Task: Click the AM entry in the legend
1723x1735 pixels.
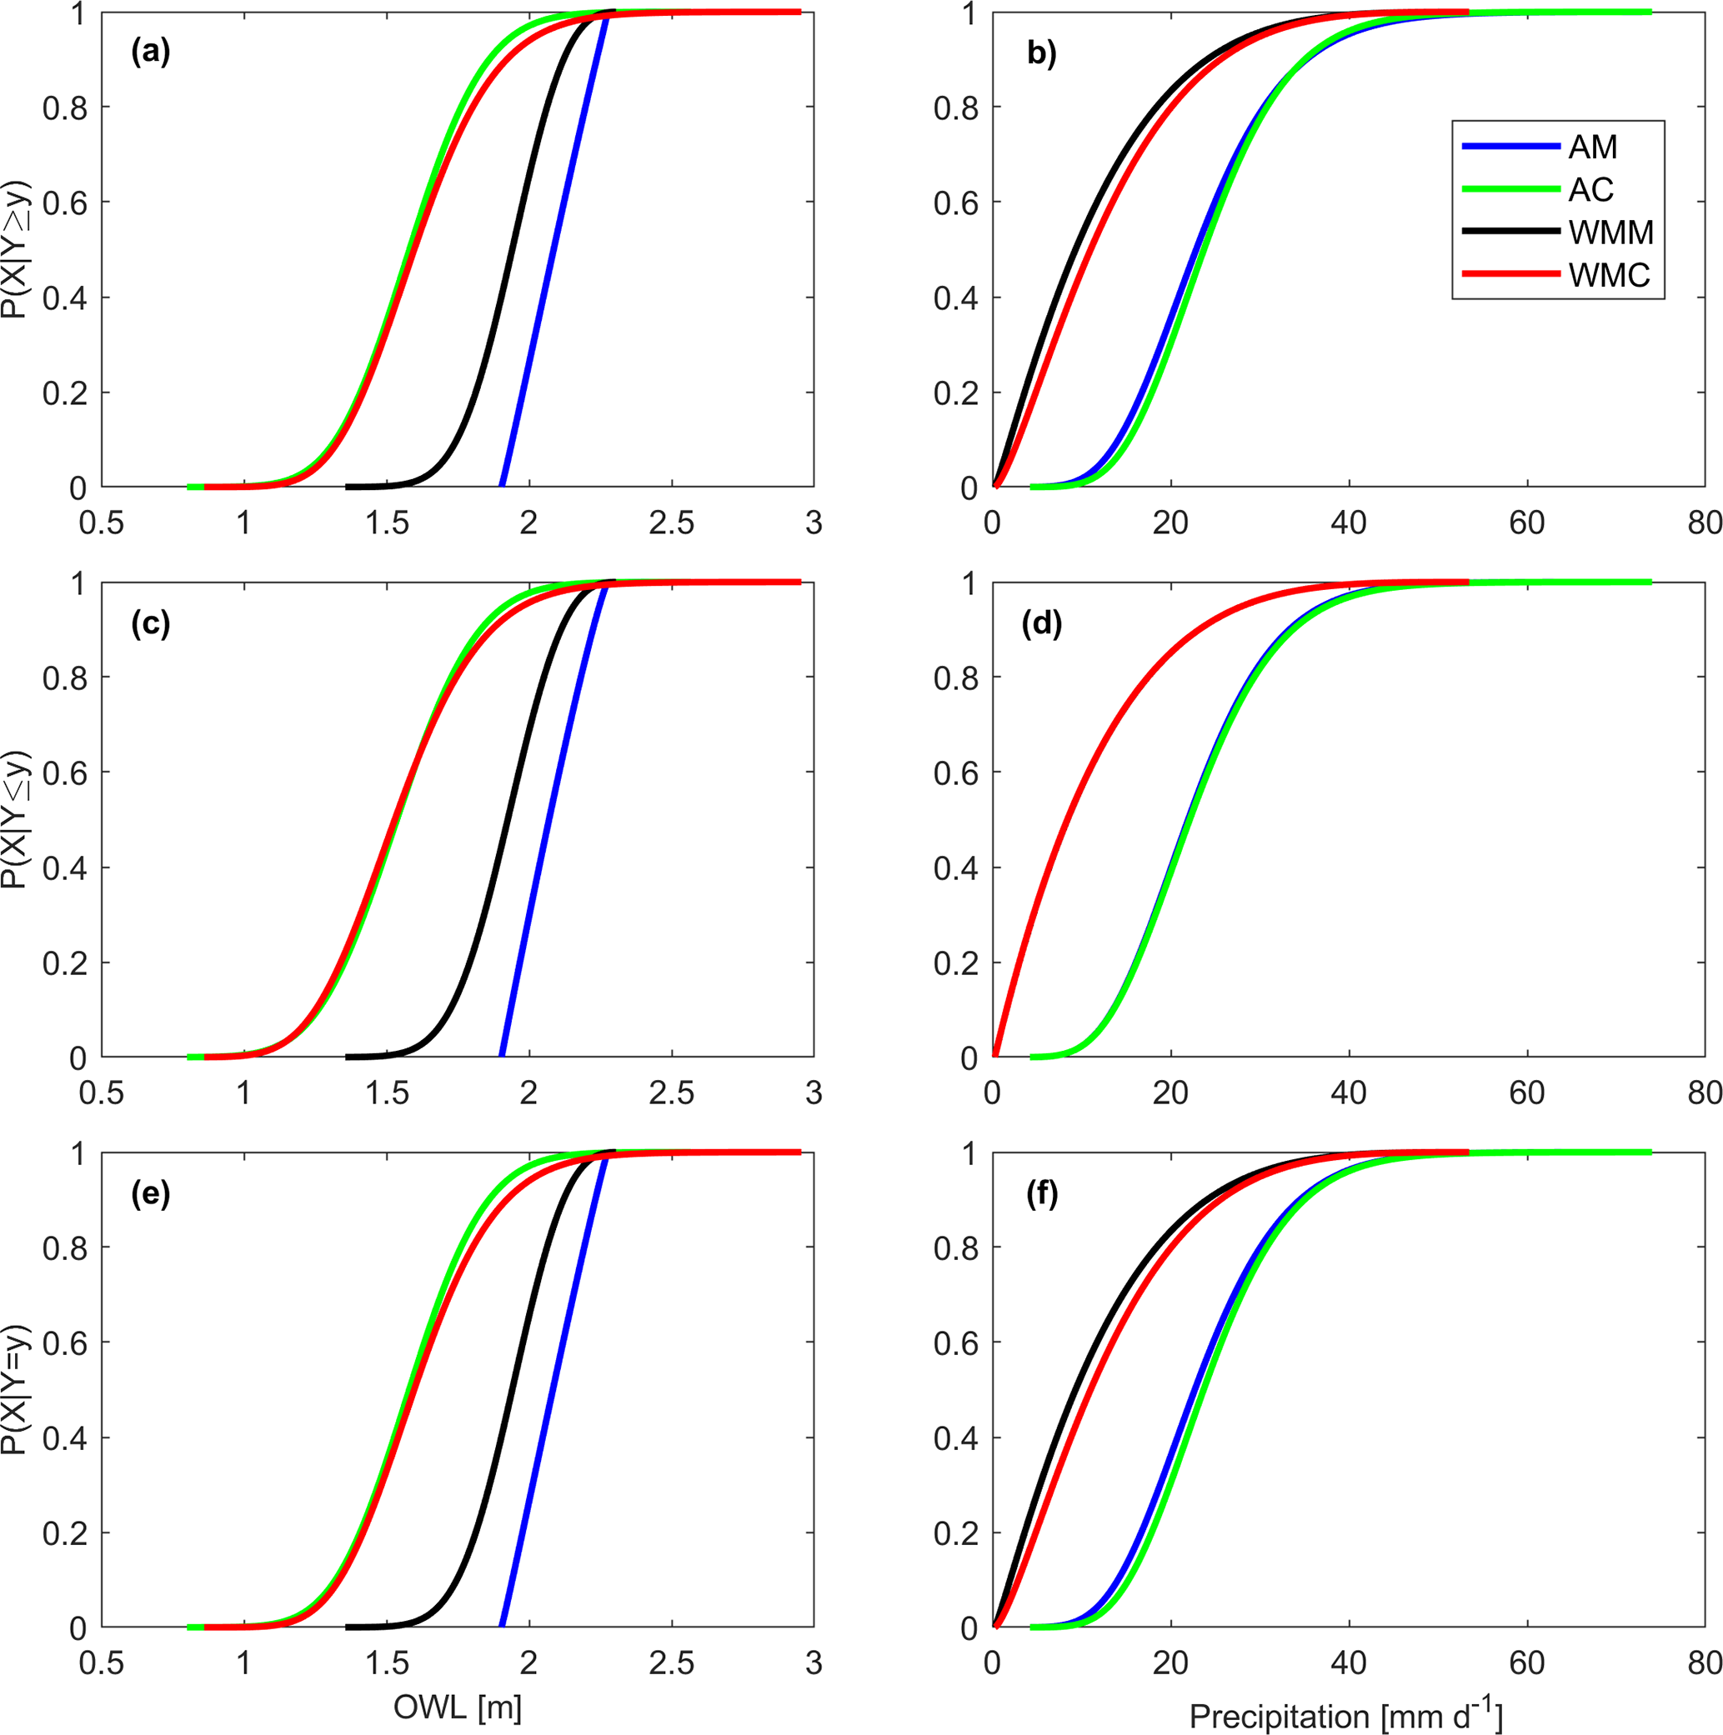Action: pyautogui.click(x=1592, y=147)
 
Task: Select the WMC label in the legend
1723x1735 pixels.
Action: pyautogui.click(x=1609, y=275)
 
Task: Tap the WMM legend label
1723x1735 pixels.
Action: pyautogui.click(x=1610, y=232)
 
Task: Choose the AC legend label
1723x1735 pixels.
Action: pyautogui.click(x=1591, y=189)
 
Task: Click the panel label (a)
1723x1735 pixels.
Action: pyautogui.click(x=150, y=53)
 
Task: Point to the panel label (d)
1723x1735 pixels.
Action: pyautogui.click(x=1041, y=623)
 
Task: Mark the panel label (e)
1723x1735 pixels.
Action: pyautogui.click(x=150, y=1193)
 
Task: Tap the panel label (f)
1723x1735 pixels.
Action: pyautogui.click(x=1041, y=1193)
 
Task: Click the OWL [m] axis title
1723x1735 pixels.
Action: pyautogui.click(x=458, y=1707)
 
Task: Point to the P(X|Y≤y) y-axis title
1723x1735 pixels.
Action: pyautogui.click(x=16, y=819)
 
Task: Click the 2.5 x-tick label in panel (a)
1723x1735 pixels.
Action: pyautogui.click(x=671, y=523)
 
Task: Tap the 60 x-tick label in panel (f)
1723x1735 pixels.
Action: pyautogui.click(x=1526, y=1663)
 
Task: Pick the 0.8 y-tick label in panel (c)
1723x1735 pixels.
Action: pyautogui.click(x=65, y=678)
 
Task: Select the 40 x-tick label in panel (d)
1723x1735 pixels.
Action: pyautogui.click(x=1349, y=1092)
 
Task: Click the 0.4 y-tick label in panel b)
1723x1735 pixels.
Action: pyautogui.click(x=955, y=298)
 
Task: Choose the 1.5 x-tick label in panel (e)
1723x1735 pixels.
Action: pyautogui.click(x=386, y=1663)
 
